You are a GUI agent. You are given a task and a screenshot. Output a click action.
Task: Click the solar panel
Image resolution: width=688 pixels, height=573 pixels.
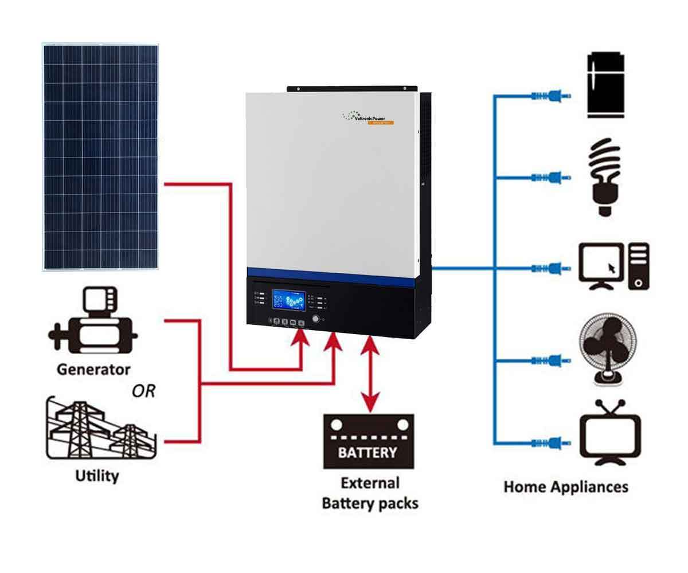100,156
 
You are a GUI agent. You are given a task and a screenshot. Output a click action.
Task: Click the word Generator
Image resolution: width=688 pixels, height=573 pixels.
93,369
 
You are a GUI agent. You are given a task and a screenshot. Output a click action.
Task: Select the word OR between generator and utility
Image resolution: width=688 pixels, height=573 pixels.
143,391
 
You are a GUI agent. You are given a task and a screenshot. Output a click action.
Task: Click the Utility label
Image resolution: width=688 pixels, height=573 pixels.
97,476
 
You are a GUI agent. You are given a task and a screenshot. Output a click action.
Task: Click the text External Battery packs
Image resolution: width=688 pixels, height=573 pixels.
370,493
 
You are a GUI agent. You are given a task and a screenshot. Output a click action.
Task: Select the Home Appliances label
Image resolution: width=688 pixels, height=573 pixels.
565,487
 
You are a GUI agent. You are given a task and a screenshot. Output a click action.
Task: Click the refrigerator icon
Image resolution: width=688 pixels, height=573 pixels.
605,85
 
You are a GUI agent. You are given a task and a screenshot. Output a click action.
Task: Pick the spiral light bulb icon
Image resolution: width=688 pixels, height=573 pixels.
605,178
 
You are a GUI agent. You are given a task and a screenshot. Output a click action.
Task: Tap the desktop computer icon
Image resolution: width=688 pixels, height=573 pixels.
613,266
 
